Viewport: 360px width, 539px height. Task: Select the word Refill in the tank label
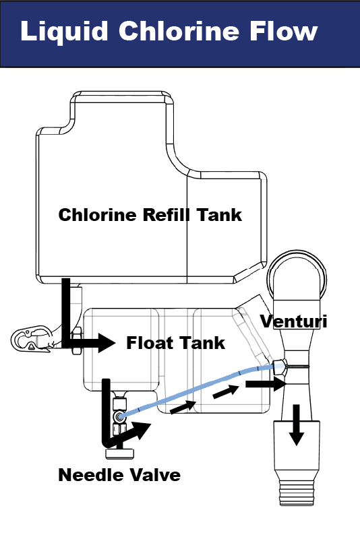tap(166, 214)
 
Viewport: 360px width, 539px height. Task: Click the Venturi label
tap(294, 321)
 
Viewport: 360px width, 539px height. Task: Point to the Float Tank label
tap(175, 343)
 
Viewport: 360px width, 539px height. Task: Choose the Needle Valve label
tap(119, 475)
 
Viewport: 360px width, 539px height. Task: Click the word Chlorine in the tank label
tap(98, 214)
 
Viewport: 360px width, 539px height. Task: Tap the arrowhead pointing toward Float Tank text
tap(107, 343)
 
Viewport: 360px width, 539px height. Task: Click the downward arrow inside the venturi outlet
tap(296, 425)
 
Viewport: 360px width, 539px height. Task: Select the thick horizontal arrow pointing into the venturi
tap(266, 383)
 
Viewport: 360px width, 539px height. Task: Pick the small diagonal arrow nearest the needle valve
tap(183, 407)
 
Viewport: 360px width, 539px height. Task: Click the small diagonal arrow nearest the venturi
tap(226, 392)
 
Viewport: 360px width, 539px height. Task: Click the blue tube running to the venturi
tap(196, 390)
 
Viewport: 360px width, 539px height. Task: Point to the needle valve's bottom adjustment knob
tap(119, 453)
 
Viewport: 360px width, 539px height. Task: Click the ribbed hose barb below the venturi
tap(296, 493)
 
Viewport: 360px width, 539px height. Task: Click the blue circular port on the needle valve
tap(119, 417)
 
